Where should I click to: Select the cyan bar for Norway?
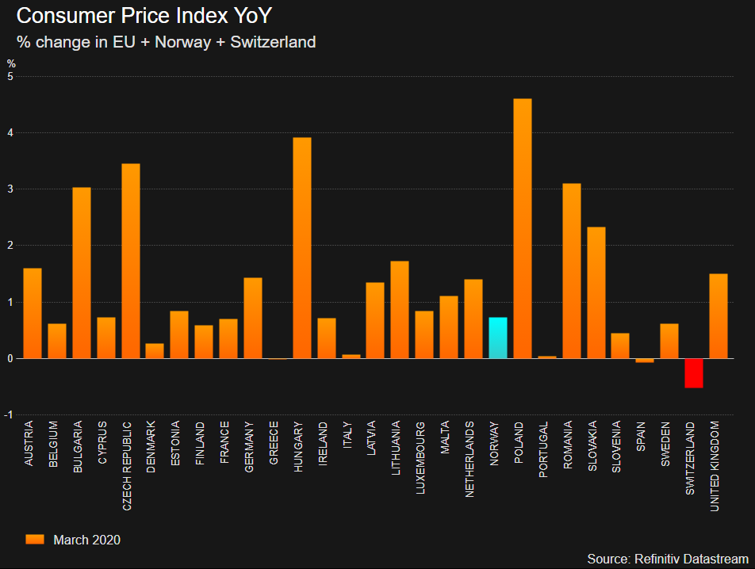click(498, 338)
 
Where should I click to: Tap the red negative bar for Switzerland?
click(694, 373)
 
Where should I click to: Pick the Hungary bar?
click(302, 248)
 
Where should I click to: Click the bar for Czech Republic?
click(131, 261)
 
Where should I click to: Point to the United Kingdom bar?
click(719, 316)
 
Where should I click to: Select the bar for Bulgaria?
click(82, 273)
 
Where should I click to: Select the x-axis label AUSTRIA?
click(29, 445)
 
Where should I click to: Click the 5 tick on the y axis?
click(10, 77)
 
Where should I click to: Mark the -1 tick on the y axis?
click(9, 415)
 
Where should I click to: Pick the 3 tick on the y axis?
click(10, 189)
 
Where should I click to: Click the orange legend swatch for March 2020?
click(35, 540)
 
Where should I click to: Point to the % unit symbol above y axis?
click(11, 63)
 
